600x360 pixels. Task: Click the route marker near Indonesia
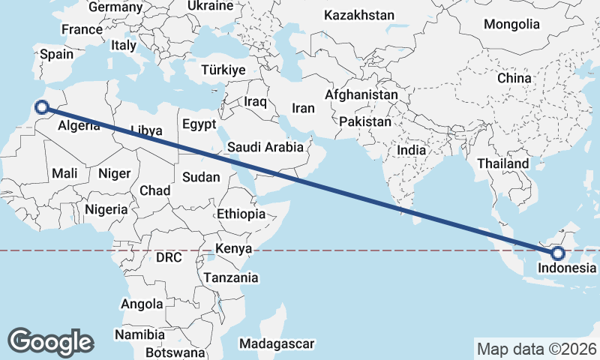point(557,252)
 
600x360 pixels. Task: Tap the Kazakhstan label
point(358,15)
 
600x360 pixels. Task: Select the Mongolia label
point(511,24)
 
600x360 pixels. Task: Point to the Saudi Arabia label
point(265,147)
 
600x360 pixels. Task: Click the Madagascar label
point(276,343)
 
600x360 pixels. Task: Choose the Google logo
point(50,341)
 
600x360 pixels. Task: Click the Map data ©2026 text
point(537,349)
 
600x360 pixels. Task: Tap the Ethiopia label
point(241,214)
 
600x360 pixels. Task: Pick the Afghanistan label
point(361,95)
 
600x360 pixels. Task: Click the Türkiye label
point(223,70)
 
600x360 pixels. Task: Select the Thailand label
point(502,163)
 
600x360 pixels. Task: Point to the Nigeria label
point(106,209)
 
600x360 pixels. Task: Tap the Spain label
point(56,54)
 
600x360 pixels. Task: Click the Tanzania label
point(231,277)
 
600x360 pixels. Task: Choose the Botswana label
point(175,352)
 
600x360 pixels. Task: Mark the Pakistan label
point(365,121)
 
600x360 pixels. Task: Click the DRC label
point(169,257)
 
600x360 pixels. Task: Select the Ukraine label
point(210,5)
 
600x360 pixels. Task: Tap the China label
point(514,77)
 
